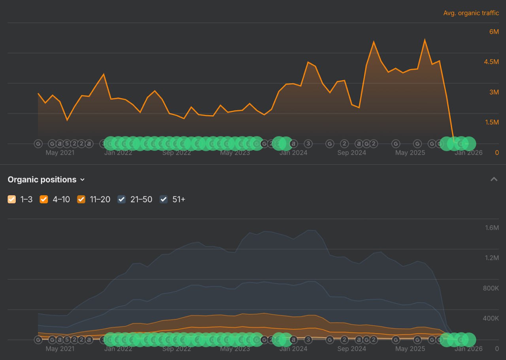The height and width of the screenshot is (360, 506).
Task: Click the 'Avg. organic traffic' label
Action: (x=471, y=13)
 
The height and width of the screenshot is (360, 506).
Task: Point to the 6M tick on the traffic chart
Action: (x=494, y=32)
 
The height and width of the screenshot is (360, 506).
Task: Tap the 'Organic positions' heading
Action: (x=42, y=180)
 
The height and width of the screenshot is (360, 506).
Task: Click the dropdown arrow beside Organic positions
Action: (x=82, y=180)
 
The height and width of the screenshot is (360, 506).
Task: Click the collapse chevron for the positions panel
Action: (x=494, y=179)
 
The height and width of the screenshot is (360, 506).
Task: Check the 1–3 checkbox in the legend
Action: (x=12, y=199)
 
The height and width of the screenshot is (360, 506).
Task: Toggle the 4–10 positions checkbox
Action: (x=44, y=199)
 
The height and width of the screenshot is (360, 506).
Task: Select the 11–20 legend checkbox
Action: (x=81, y=199)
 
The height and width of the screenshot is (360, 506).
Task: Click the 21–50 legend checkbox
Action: (x=121, y=199)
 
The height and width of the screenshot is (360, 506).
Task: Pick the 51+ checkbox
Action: (x=164, y=199)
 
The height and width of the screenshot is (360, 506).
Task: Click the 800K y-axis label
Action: (x=491, y=288)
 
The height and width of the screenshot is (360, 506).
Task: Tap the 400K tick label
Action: (x=491, y=318)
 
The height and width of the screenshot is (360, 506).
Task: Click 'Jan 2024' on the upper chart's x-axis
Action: (x=293, y=153)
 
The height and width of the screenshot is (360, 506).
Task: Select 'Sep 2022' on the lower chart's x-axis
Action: (x=176, y=349)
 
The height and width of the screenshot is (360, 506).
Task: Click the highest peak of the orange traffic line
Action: (x=425, y=40)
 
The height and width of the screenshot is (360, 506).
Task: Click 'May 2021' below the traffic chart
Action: (x=60, y=153)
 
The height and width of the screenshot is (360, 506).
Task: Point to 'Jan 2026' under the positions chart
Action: (x=468, y=349)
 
